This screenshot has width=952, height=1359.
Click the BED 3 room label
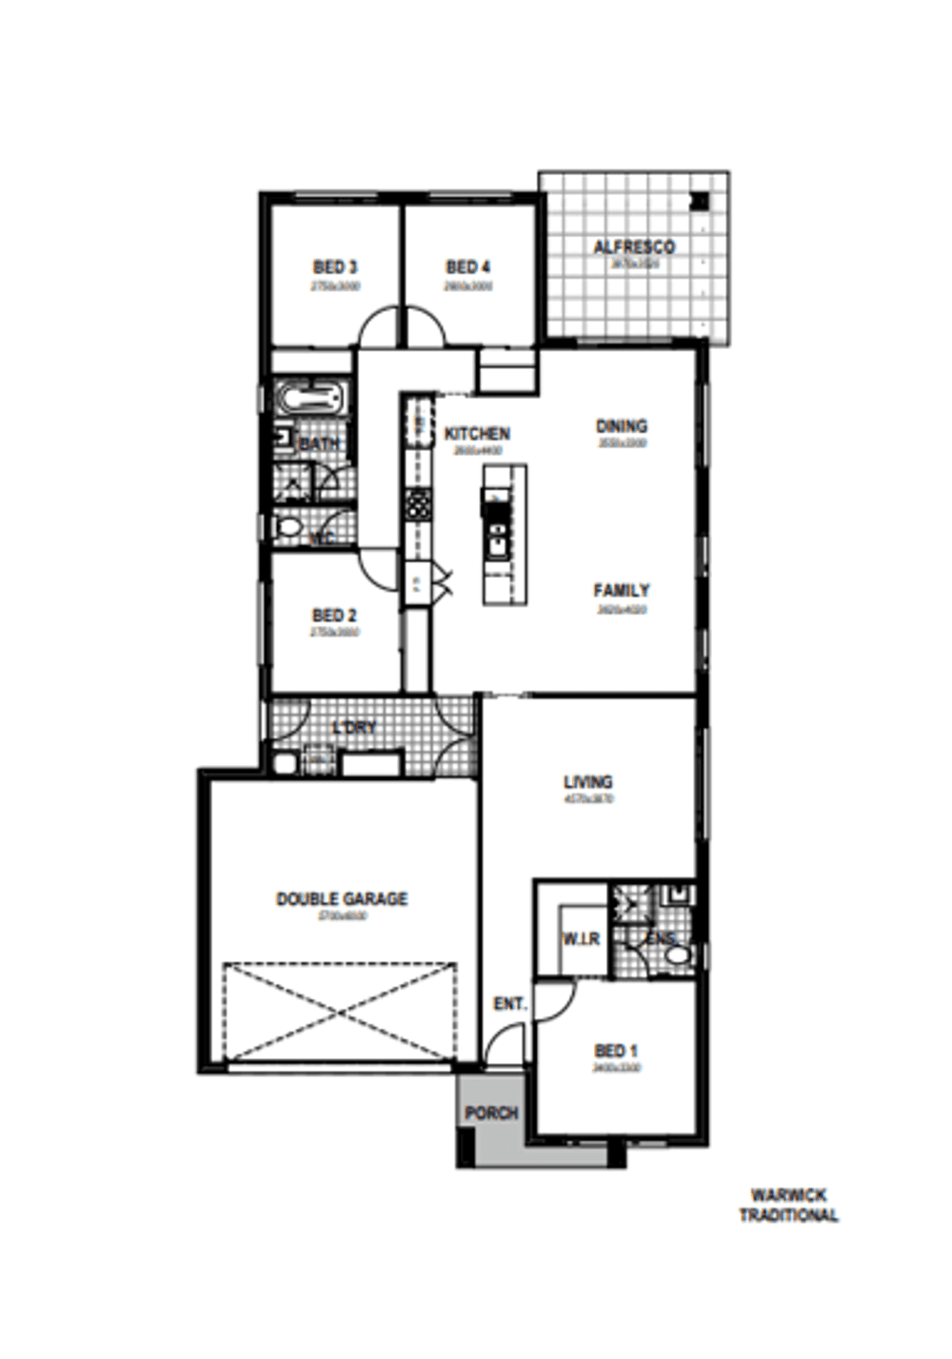point(335,267)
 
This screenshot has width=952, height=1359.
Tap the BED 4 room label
point(467,267)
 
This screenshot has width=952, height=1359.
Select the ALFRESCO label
point(634,247)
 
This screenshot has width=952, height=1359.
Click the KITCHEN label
point(477,434)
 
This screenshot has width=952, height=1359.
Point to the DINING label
point(621,426)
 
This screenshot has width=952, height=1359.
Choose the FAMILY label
point(621,591)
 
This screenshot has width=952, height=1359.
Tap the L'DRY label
point(354,728)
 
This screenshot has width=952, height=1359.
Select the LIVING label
point(588,782)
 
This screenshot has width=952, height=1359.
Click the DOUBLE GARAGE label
point(342,898)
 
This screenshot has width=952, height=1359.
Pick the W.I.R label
point(581,939)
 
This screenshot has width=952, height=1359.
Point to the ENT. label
point(510,1004)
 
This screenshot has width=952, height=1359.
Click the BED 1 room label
point(616,1051)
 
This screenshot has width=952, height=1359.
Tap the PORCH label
point(491,1113)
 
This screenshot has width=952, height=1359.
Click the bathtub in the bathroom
point(308,397)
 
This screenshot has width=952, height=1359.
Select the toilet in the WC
point(287,526)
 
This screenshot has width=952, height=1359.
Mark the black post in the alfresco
point(700,201)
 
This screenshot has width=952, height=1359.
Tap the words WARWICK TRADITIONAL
point(789,1205)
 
